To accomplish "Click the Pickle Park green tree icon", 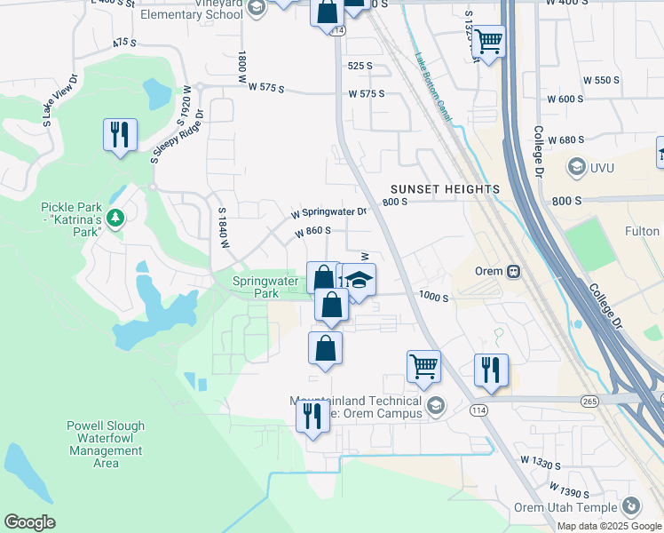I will (x=115, y=217).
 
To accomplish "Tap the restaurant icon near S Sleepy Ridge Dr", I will (x=119, y=135).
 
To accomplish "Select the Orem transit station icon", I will (x=513, y=271).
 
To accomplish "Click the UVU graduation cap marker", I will (x=577, y=167).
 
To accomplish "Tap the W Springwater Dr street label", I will (x=328, y=213).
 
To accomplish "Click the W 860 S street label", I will (x=312, y=231).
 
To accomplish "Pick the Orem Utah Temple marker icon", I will (x=631, y=505).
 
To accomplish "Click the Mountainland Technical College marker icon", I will (x=435, y=407).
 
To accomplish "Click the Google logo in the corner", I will (x=30, y=522).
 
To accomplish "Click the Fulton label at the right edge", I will (x=642, y=232).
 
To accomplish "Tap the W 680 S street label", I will (x=567, y=140).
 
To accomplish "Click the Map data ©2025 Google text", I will (x=608, y=526).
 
